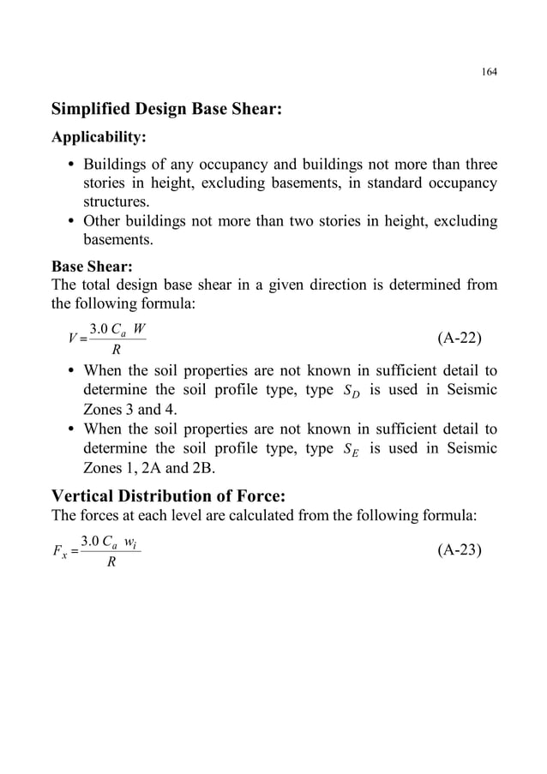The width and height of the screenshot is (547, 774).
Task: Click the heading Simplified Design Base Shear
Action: pos(166,110)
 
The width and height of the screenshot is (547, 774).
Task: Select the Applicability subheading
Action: pos(99,137)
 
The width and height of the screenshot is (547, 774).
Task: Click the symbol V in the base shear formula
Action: pos(58,339)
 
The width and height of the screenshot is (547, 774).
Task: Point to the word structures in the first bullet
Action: pos(115,202)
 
